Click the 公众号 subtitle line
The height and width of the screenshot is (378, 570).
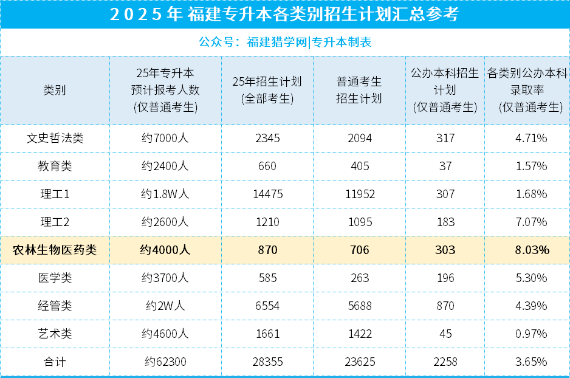284,42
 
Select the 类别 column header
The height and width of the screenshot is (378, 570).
55,90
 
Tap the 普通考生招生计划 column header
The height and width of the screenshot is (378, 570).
359,90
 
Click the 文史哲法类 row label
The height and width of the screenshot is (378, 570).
55,138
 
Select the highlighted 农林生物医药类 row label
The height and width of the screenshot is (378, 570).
55,250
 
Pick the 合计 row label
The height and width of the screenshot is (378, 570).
55,362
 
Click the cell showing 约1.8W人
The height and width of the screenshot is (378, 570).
165,194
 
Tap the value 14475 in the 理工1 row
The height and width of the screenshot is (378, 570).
267,194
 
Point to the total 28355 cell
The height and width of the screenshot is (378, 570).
267,362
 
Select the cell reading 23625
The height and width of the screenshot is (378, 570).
359,362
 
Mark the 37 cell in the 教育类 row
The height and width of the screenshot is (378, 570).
445,166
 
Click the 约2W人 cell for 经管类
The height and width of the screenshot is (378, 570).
165,306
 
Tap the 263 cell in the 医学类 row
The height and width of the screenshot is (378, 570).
359,278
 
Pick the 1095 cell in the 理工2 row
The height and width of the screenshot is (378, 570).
359,222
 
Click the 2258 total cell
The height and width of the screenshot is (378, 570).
445,362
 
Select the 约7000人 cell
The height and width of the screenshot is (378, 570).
165,138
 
